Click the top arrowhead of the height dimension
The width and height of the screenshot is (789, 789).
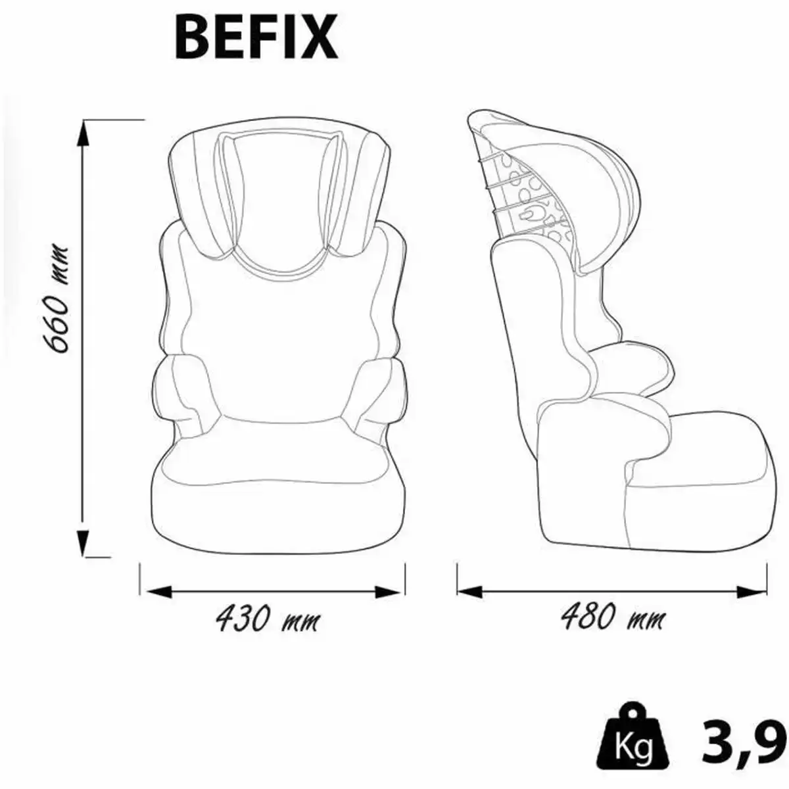(x=83, y=133)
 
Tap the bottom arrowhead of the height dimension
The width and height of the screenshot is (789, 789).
(x=83, y=543)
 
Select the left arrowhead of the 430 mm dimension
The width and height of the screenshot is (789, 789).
(x=159, y=591)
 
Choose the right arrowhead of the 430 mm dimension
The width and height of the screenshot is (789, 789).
(x=387, y=591)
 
